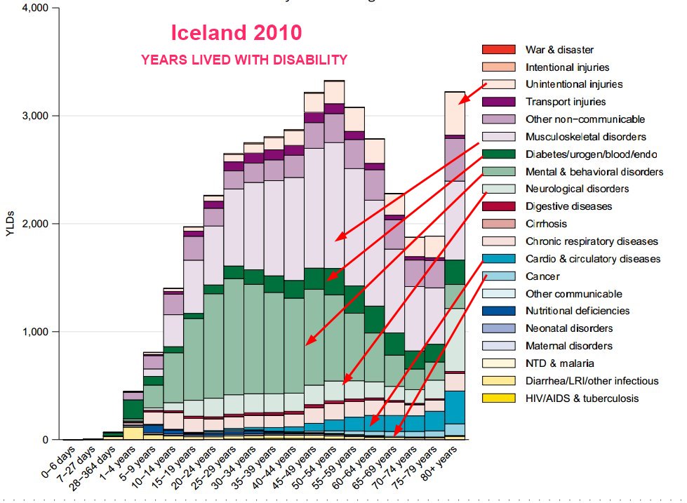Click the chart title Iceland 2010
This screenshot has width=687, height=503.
(237, 33)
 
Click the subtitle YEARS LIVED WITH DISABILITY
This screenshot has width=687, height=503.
(244, 60)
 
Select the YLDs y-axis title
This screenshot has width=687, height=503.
(10, 223)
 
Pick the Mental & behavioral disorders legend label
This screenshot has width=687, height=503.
(594, 172)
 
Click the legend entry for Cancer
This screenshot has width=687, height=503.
(542, 276)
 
